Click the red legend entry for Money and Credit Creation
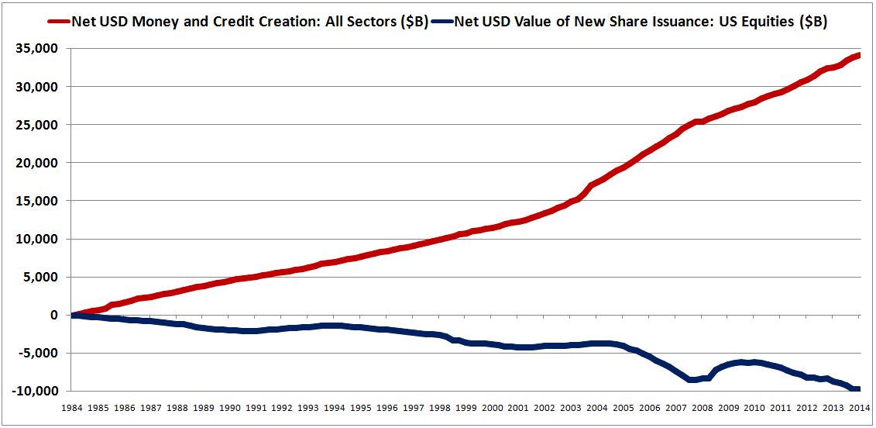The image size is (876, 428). pyautogui.click(x=249, y=22)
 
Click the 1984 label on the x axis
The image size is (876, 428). pyautogui.click(x=72, y=406)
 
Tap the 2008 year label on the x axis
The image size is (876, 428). pyautogui.click(x=703, y=406)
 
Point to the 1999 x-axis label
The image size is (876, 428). pyautogui.click(x=466, y=406)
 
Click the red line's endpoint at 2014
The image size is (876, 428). pyautogui.click(x=858, y=55)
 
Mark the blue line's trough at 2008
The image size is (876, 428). pyautogui.click(x=691, y=380)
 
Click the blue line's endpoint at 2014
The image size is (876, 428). pyautogui.click(x=858, y=389)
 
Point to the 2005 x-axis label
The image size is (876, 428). pyautogui.click(x=624, y=406)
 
